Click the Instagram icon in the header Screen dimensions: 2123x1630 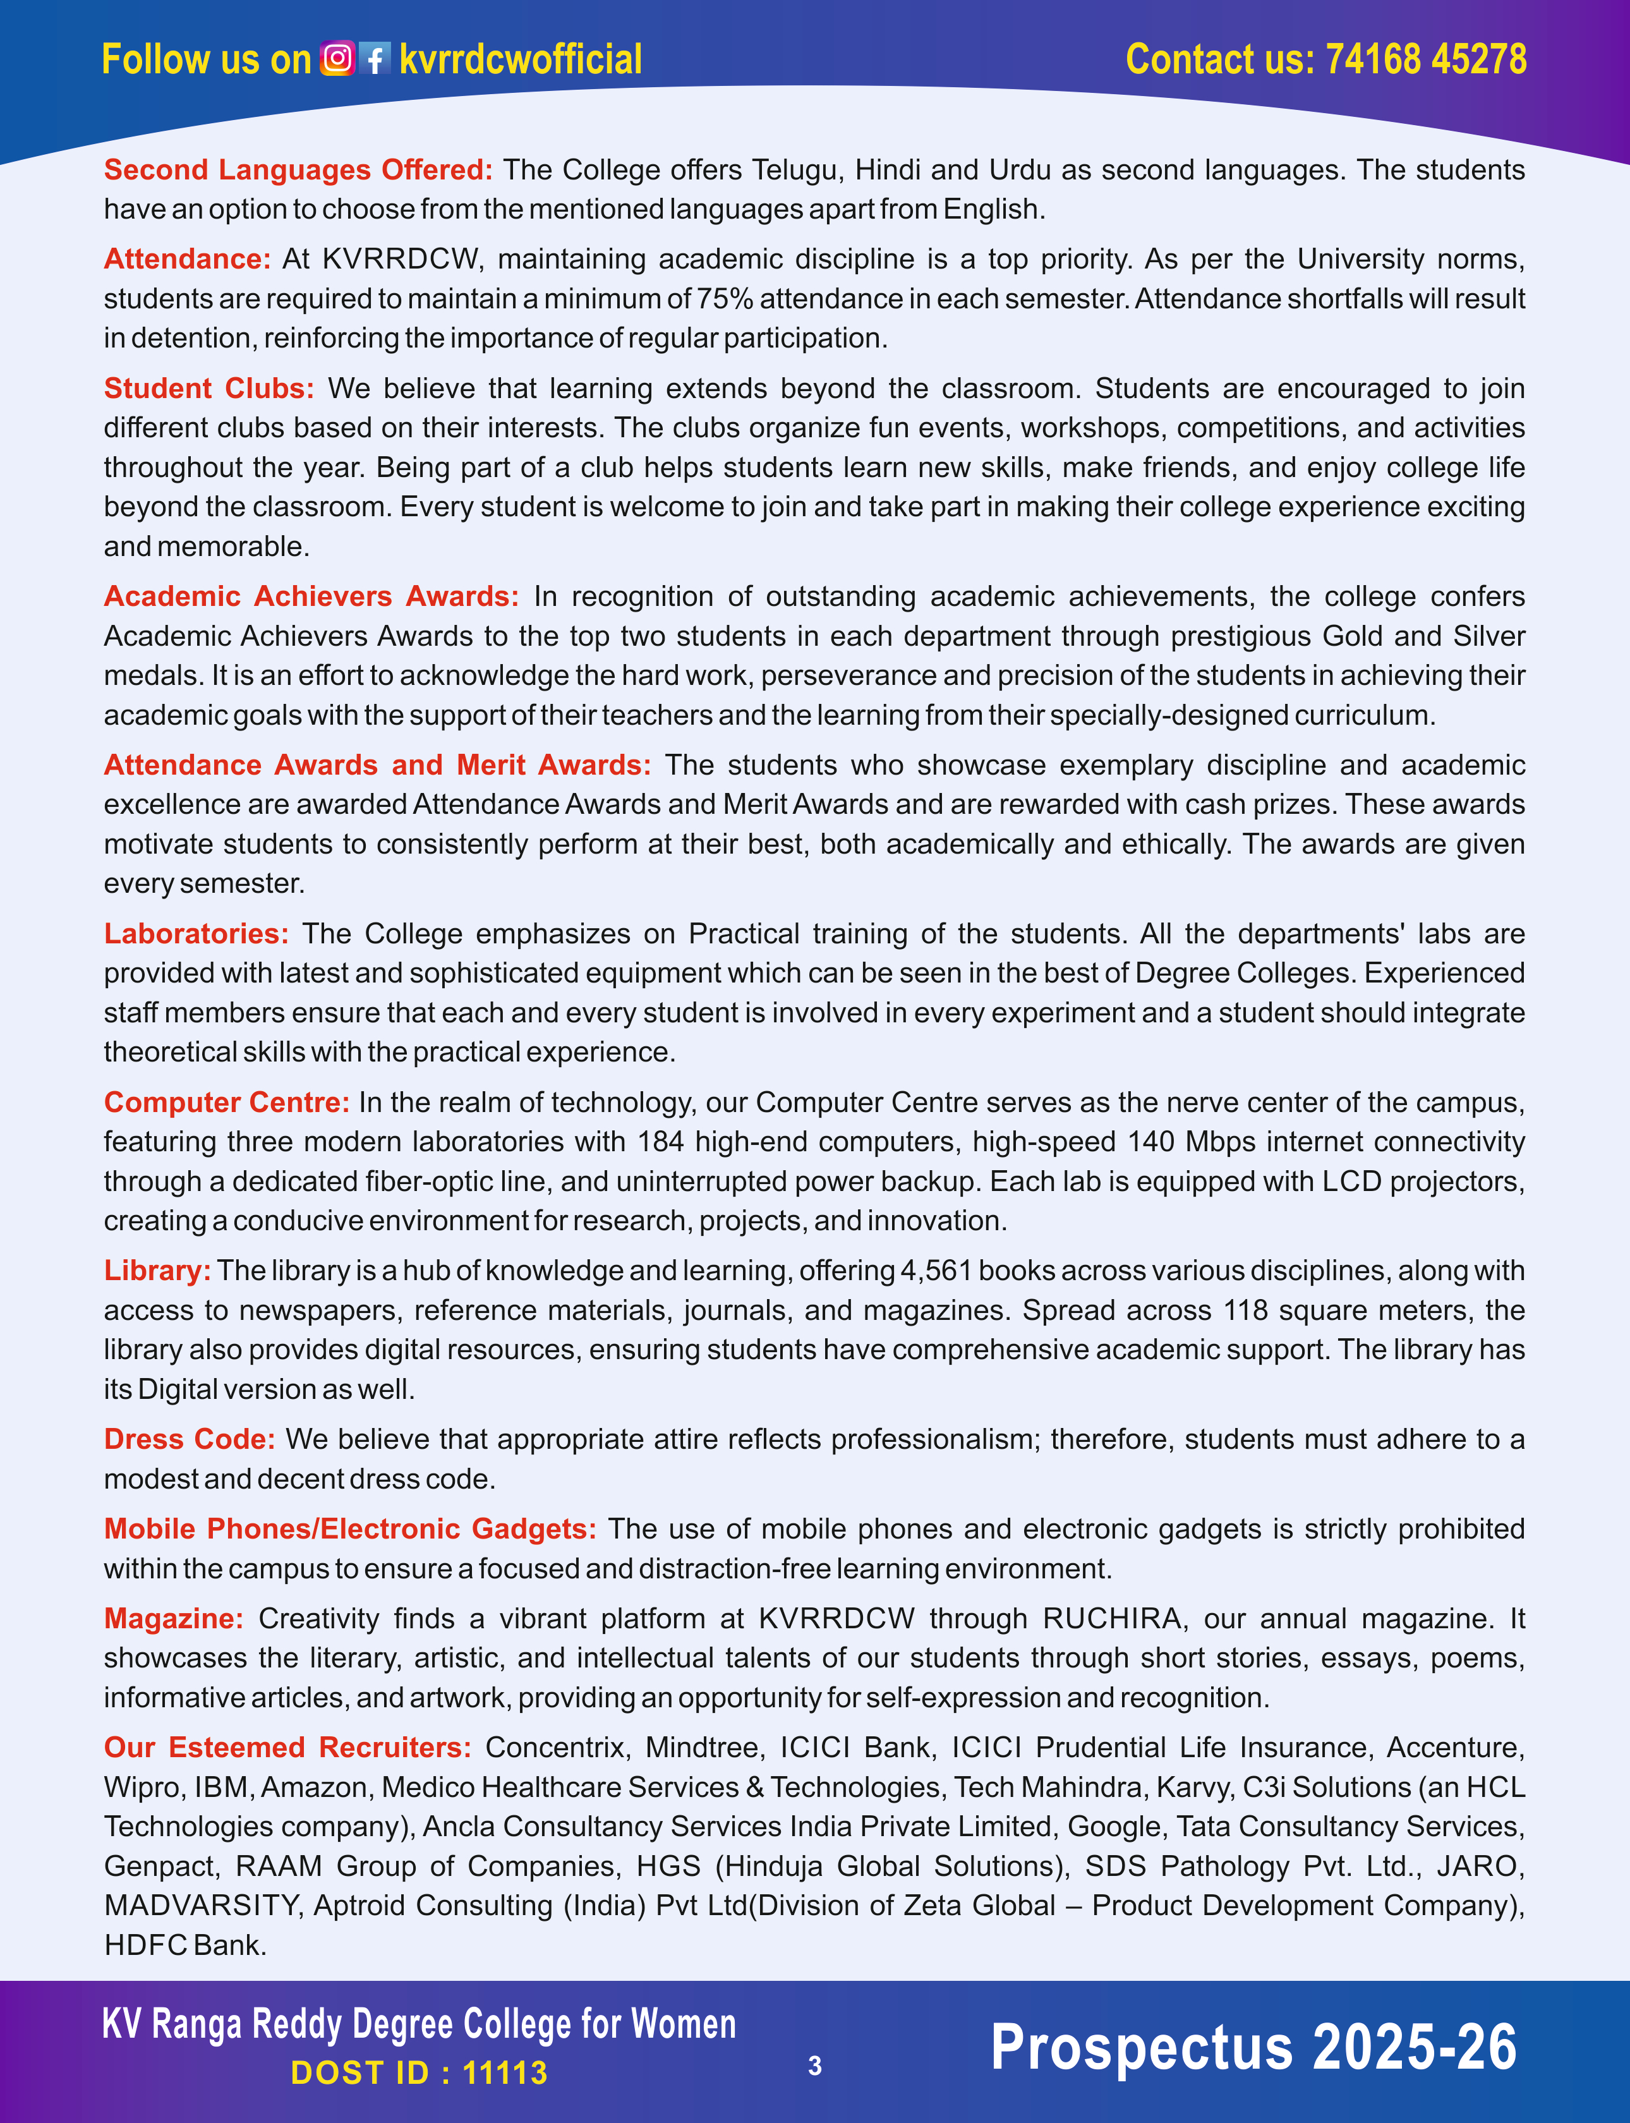tap(337, 59)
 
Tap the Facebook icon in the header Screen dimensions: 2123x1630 tap(375, 59)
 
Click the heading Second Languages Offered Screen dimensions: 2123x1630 tap(298, 170)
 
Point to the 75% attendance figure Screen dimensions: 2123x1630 tap(725, 299)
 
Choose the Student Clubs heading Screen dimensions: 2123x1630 tap(208, 388)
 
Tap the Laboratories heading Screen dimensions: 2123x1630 tap(196, 933)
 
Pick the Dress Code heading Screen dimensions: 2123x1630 tap(189, 1439)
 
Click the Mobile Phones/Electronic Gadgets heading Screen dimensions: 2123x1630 tap(350, 1528)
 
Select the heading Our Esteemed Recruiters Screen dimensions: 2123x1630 tap(287, 1748)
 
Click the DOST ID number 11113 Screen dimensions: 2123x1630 tap(505, 2072)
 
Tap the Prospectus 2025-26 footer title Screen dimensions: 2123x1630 tap(1253, 2047)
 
